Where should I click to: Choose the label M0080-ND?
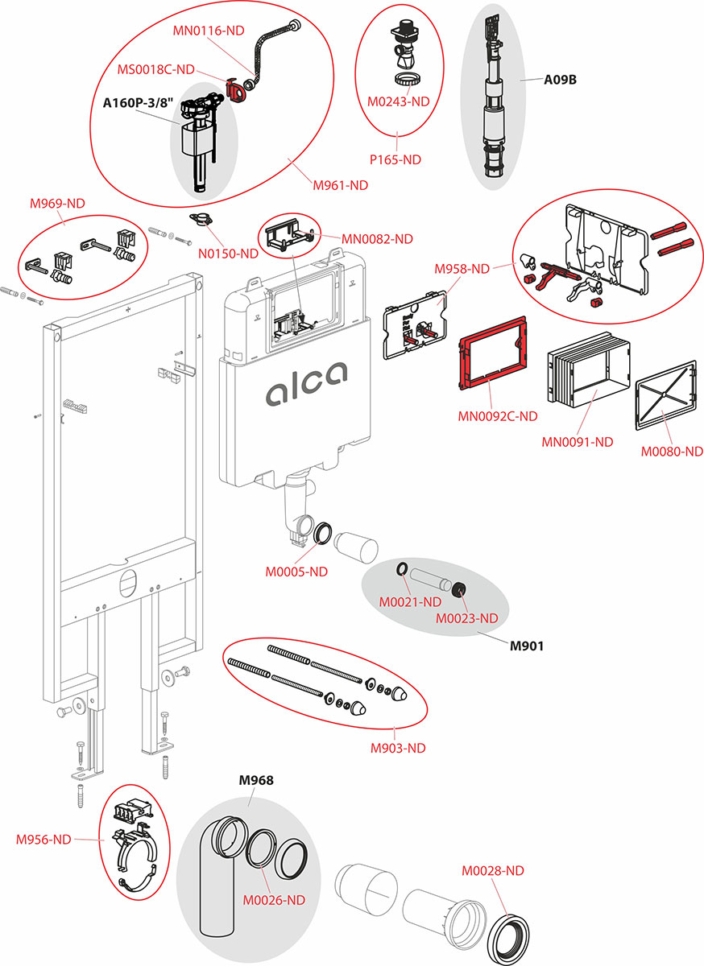672,452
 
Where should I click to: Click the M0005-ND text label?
296,572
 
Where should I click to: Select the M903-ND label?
398,748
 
